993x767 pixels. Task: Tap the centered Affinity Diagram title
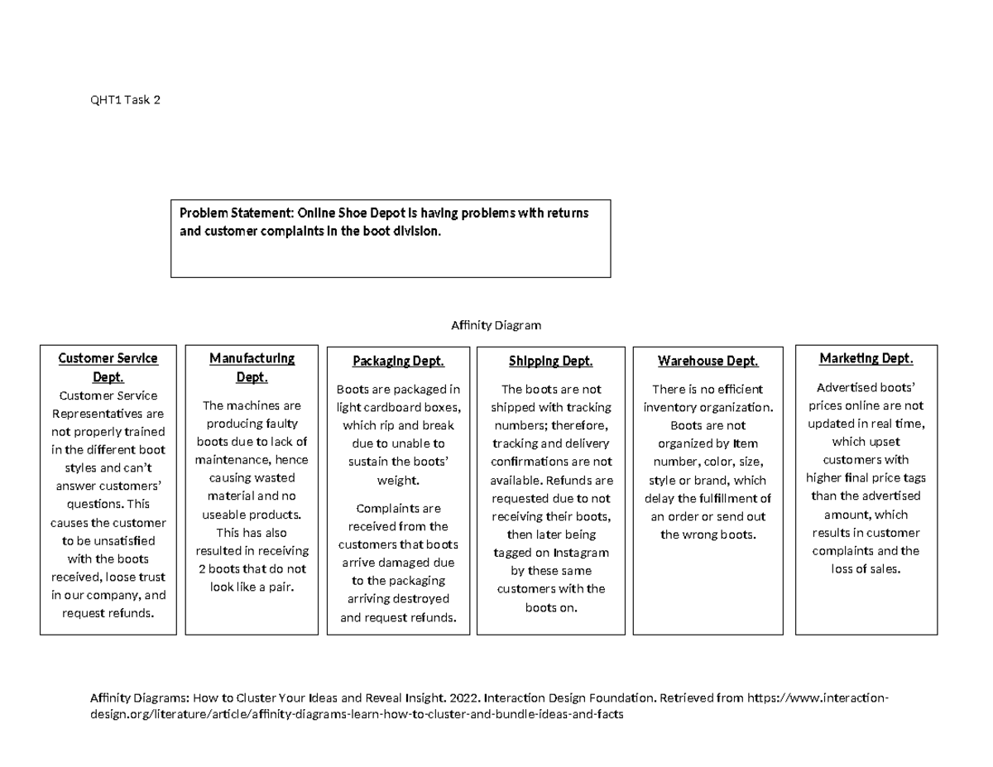pos(496,325)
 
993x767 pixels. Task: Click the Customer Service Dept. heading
pos(108,367)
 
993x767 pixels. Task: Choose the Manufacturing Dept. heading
pos(252,367)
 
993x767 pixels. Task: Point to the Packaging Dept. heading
pos(398,362)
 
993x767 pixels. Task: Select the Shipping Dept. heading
pos(551,362)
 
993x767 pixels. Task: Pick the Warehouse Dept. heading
pos(708,362)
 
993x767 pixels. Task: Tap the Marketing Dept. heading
pos(866,358)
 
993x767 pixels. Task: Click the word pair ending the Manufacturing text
pos(281,587)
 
